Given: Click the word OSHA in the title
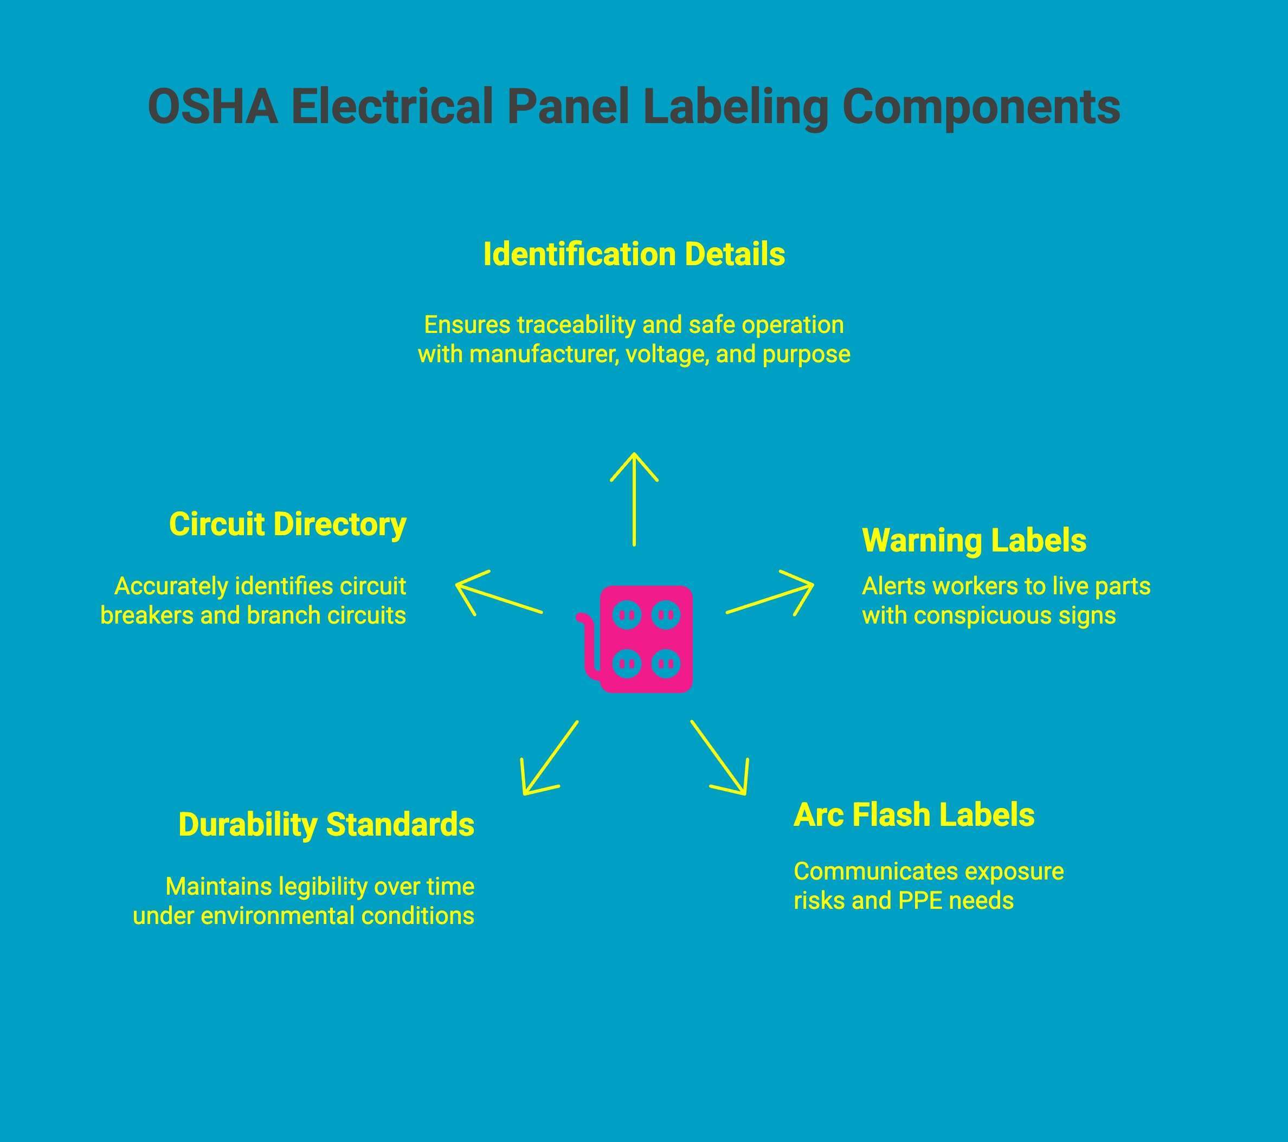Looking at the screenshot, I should tap(212, 106).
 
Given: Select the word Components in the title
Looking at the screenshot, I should tap(981, 106).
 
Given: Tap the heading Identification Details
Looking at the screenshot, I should tap(634, 255).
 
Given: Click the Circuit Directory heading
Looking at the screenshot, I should tap(287, 524).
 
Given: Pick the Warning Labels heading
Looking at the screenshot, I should tap(974, 541).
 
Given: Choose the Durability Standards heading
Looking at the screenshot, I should tap(326, 824).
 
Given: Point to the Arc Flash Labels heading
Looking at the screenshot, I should tap(914, 815).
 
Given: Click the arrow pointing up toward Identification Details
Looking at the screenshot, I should tap(634, 498).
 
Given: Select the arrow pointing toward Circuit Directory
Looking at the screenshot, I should tap(498, 593).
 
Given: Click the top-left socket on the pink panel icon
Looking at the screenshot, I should tap(627, 614).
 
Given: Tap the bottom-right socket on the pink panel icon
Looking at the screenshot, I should tap(666, 663).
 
